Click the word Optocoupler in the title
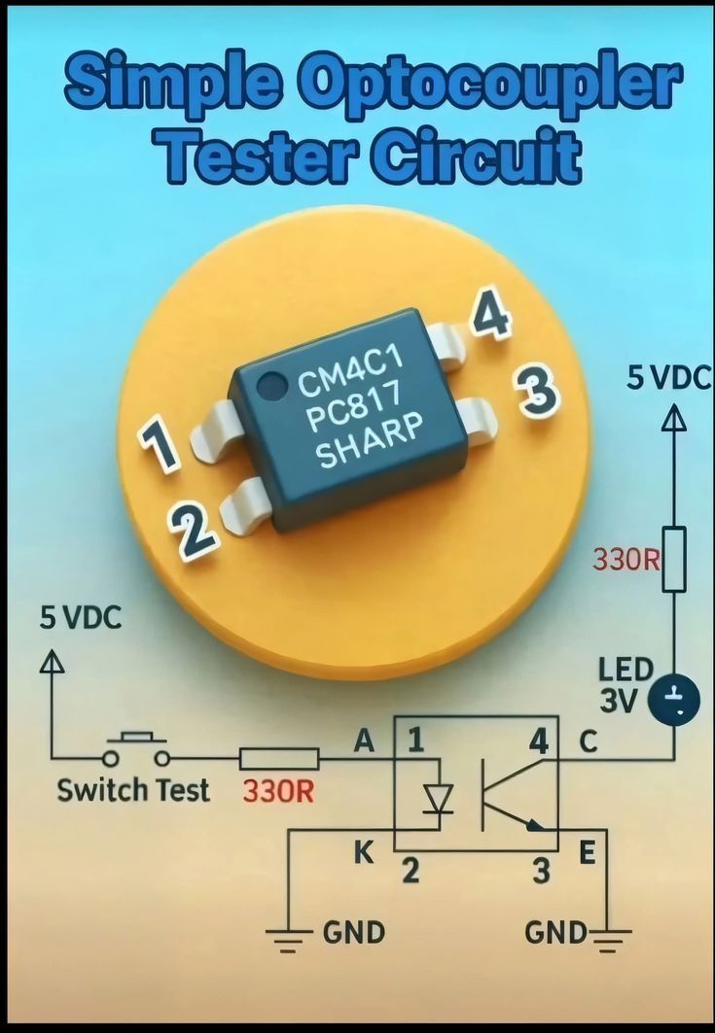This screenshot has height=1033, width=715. coord(495,86)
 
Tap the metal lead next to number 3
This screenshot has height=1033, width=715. coord(476,420)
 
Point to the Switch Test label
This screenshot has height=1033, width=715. coord(133,790)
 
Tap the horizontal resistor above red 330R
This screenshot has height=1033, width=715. coord(279,759)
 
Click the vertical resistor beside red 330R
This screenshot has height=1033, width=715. coord(673,560)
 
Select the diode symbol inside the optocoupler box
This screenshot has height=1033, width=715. coord(438,798)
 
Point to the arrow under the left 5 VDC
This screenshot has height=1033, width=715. coord(53,661)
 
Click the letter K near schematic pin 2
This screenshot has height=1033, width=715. coord(364,852)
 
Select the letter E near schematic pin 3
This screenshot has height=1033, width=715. coord(587,852)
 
